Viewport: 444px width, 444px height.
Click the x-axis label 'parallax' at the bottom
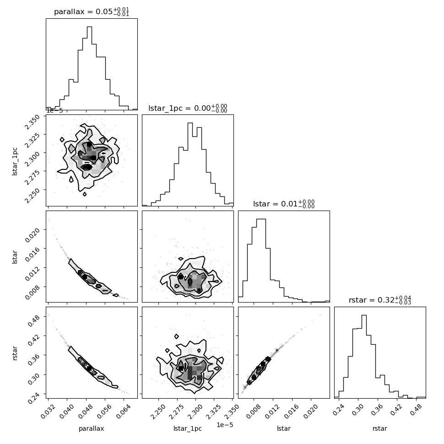point(92,429)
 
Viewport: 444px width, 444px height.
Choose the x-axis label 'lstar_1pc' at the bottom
point(188,429)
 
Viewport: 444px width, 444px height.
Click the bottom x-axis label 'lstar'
point(284,429)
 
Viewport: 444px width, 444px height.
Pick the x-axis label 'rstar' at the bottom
point(380,429)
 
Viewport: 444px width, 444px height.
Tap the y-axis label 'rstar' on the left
point(15,353)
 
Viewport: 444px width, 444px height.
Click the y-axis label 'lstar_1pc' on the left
point(15,162)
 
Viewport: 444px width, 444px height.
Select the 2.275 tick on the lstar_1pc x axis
point(176,412)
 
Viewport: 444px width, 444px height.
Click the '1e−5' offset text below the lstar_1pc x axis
point(225,425)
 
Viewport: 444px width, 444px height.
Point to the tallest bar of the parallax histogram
point(89,68)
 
